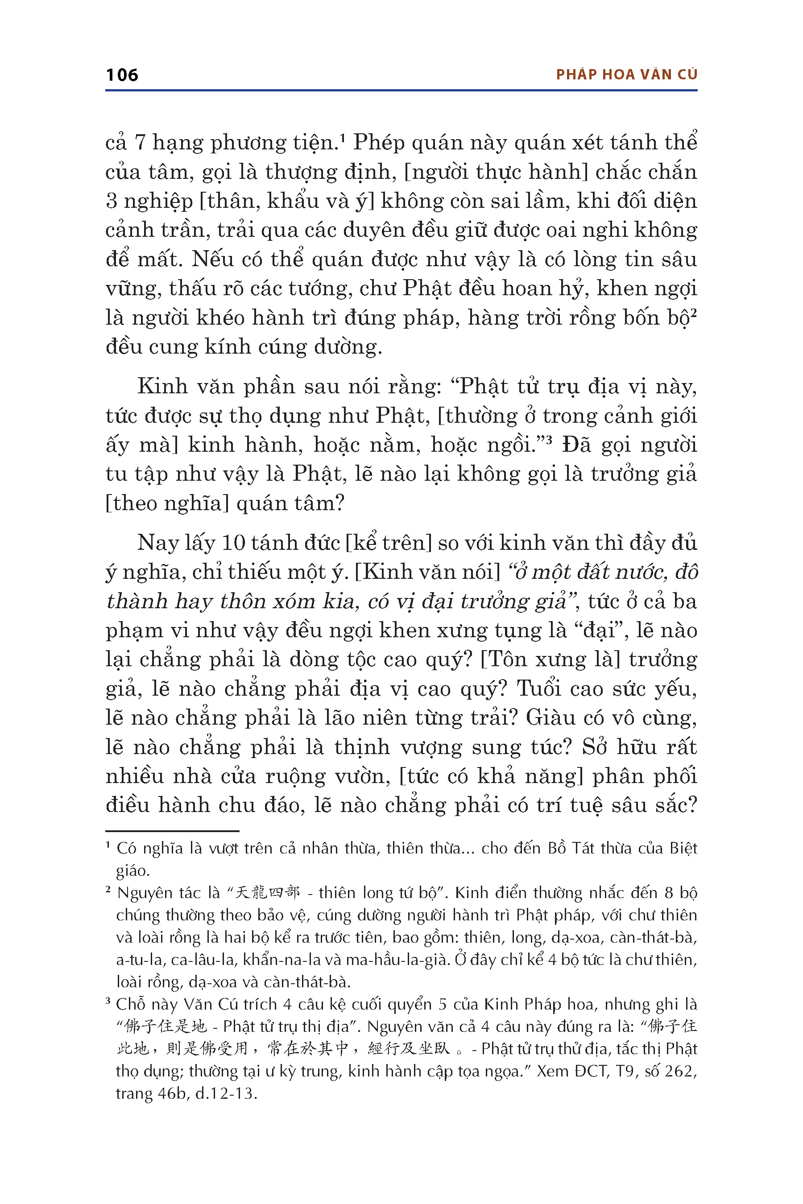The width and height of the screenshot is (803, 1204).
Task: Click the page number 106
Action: coord(122,75)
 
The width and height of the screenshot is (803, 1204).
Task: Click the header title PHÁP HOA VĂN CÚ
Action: coord(627,75)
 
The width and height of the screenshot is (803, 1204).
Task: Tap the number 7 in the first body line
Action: coord(141,143)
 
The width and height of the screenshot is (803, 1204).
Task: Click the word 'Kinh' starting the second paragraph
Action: coord(162,387)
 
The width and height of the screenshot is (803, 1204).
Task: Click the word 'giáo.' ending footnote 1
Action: coord(132,871)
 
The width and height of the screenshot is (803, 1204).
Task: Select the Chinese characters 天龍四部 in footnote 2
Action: coord(266,893)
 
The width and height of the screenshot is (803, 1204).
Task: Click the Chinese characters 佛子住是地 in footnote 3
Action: coord(166,1027)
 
